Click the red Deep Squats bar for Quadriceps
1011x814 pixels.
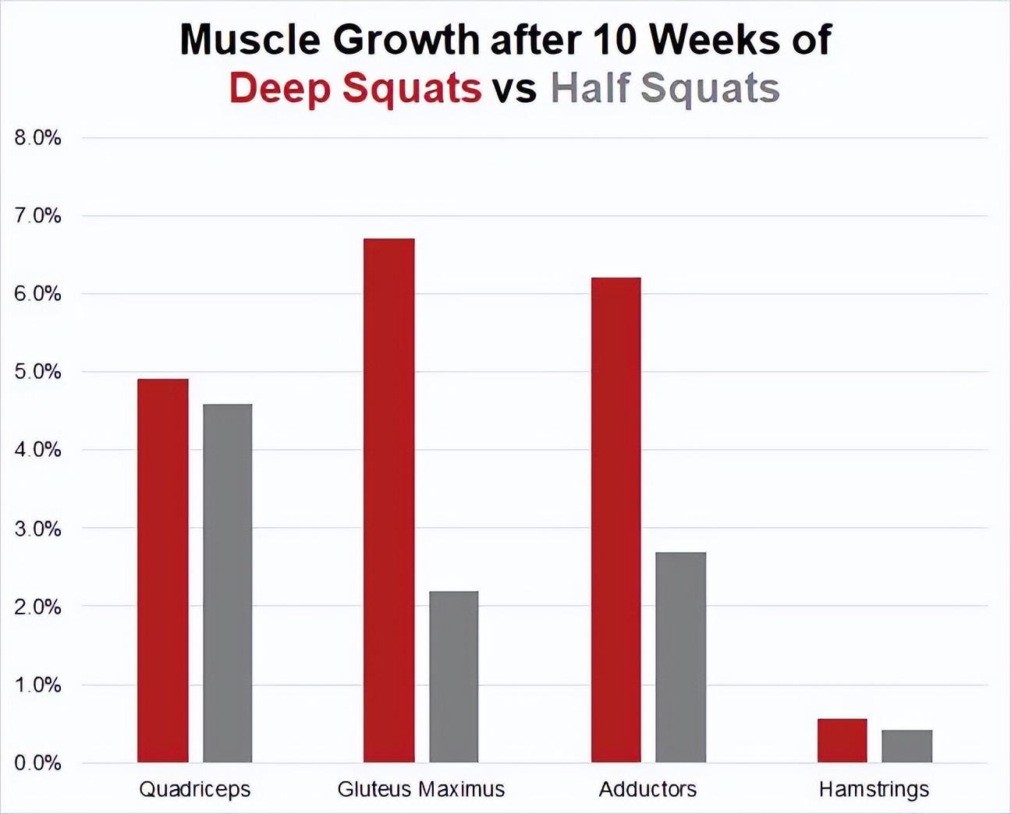pyautogui.click(x=162, y=570)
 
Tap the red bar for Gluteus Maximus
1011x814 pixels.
pyautogui.click(x=388, y=500)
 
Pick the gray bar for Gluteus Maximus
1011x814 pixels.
pyautogui.click(x=453, y=676)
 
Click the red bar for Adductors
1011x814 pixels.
pyautogui.click(x=615, y=519)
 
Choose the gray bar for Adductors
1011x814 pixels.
pyautogui.click(x=680, y=657)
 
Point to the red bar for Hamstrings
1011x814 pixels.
pyautogui.click(x=842, y=740)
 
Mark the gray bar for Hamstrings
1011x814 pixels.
pyautogui.click(x=906, y=745)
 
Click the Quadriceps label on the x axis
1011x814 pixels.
pyautogui.click(x=195, y=789)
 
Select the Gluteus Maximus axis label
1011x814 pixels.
pyautogui.click(x=421, y=789)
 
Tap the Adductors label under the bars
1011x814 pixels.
pyautogui.click(x=647, y=789)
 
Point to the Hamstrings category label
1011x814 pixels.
pyautogui.click(x=874, y=789)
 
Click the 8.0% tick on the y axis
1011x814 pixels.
pyautogui.click(x=37, y=138)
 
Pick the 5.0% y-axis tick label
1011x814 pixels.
pyautogui.click(x=37, y=372)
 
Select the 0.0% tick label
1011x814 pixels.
pyautogui.click(x=37, y=763)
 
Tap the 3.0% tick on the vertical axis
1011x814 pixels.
pyautogui.click(x=37, y=529)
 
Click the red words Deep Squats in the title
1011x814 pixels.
pyautogui.click(x=355, y=88)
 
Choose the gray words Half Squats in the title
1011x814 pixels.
pyautogui.click(x=665, y=88)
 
